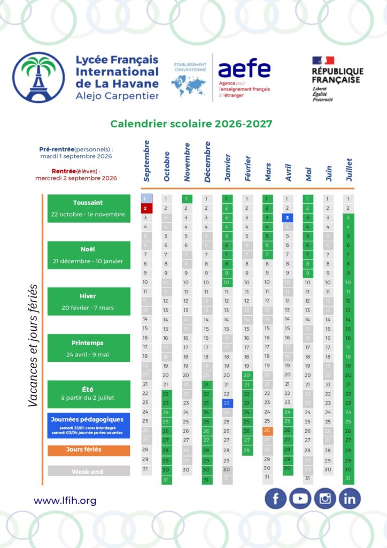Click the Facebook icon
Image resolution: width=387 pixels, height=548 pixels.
(x=276, y=499)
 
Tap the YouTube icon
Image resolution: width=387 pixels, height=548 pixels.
(x=300, y=499)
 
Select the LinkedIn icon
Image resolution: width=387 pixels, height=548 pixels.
(x=350, y=499)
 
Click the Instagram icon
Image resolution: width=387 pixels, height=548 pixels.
(x=325, y=499)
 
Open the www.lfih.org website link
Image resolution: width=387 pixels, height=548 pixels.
(x=65, y=501)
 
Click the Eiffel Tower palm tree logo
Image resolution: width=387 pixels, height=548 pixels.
(x=38, y=77)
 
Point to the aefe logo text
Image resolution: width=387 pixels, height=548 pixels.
(x=244, y=69)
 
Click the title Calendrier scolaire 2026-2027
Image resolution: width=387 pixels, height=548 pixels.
(x=191, y=124)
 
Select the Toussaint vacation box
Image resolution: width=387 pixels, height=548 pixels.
(x=89, y=208)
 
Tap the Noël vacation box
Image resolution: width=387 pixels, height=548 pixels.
(x=89, y=255)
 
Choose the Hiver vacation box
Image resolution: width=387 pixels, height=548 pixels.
(x=89, y=301)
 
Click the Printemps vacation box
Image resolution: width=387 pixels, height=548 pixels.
(x=89, y=348)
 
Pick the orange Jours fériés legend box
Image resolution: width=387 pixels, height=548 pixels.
(x=89, y=450)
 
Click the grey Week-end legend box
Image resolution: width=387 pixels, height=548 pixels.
(x=89, y=471)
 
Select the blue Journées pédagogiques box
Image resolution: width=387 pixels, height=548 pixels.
(x=89, y=425)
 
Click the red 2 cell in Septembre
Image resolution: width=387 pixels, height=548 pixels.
(x=146, y=208)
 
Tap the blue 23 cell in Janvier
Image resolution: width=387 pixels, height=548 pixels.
(x=227, y=403)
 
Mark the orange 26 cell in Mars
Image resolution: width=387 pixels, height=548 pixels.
(x=267, y=431)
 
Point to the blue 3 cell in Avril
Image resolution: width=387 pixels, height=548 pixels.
(x=287, y=218)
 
